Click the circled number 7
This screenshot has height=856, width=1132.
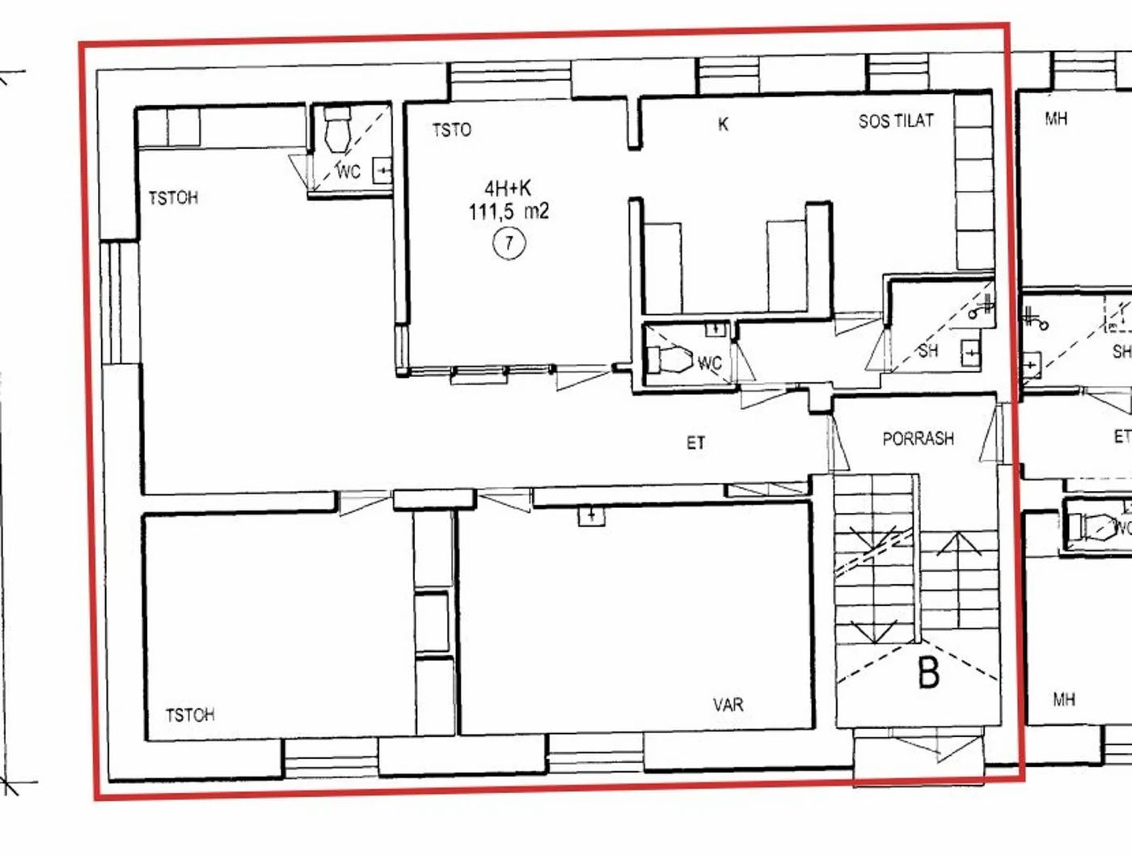point(509,243)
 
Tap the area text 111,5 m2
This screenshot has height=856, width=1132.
point(509,211)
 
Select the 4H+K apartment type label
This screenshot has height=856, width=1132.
point(508,189)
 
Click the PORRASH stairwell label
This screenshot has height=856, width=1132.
point(918,439)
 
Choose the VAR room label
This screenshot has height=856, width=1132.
point(729,705)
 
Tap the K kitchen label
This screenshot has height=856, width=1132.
point(723,125)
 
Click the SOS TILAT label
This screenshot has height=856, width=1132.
point(896,121)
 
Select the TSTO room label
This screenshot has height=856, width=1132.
point(452,129)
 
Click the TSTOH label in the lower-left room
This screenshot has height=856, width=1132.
point(190,715)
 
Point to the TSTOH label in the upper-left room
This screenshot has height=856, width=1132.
point(173,197)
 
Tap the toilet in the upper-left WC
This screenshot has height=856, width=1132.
point(338,129)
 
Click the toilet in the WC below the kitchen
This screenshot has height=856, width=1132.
point(669,359)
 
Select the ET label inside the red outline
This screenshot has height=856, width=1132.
point(695,443)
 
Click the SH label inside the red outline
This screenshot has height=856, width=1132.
point(927,351)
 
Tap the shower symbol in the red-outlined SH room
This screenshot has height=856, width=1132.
point(981,308)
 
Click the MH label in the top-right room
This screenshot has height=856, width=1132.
point(1056,119)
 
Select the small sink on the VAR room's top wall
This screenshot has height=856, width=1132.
point(591,515)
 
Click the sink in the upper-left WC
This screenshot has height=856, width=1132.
point(382,170)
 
